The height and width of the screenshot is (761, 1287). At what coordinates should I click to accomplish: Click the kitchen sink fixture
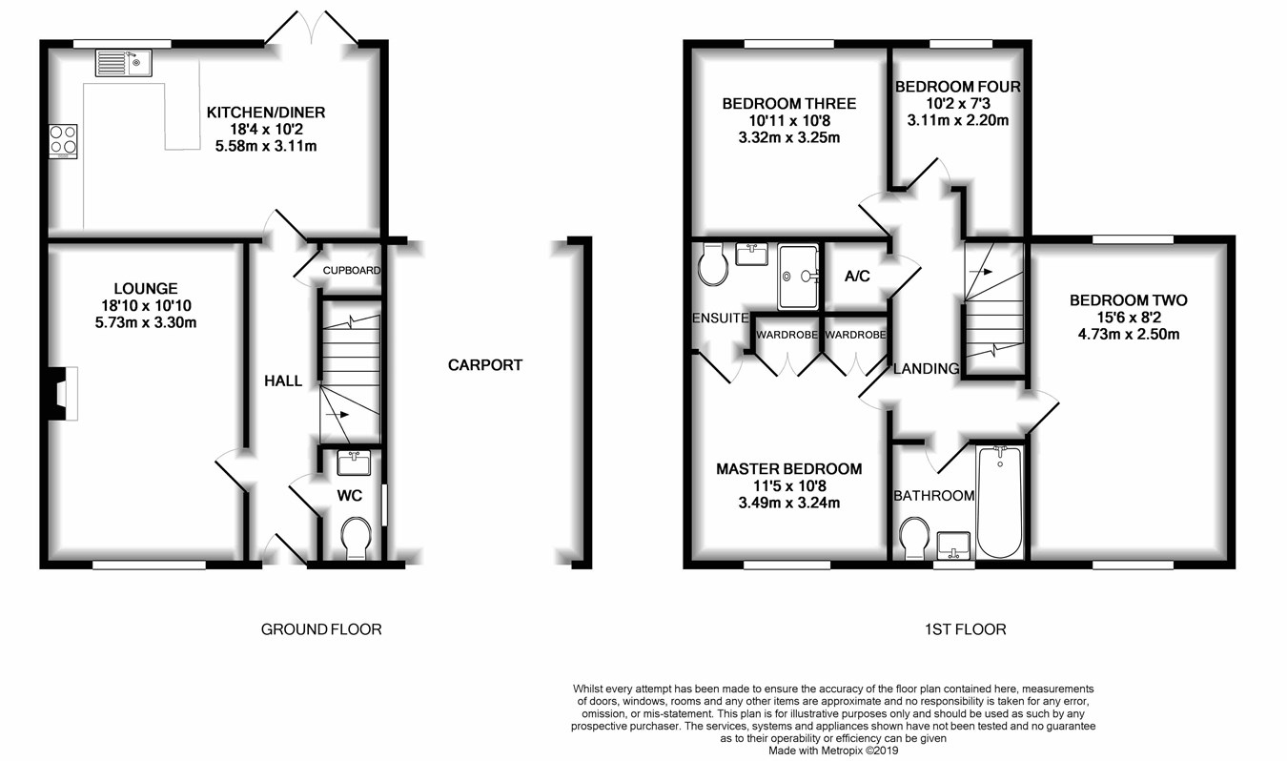click(x=124, y=63)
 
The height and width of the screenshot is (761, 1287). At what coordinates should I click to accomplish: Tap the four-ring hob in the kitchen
click(x=63, y=141)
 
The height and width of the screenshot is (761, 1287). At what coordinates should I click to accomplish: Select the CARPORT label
click(x=485, y=365)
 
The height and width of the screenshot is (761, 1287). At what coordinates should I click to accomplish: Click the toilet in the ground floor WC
click(x=356, y=538)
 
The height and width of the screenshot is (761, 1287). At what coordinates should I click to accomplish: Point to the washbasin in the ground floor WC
click(x=354, y=463)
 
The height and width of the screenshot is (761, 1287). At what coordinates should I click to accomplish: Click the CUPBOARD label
click(x=351, y=270)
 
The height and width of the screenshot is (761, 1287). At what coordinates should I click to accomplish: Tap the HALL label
click(x=283, y=380)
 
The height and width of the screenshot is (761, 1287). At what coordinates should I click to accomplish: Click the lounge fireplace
click(x=63, y=394)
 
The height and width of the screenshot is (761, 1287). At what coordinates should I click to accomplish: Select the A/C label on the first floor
click(x=857, y=277)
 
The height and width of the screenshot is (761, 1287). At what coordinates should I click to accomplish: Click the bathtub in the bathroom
click(x=1000, y=503)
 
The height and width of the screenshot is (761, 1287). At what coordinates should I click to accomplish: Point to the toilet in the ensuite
click(x=712, y=264)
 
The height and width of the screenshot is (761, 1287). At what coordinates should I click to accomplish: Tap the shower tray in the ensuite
click(x=798, y=278)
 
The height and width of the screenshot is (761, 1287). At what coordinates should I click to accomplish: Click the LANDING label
click(x=927, y=368)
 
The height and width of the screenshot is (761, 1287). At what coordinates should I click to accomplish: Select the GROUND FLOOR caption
click(x=321, y=629)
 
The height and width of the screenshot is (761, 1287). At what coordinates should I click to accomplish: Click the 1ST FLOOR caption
click(x=965, y=629)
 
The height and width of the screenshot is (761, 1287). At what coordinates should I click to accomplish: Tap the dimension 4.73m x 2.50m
click(x=1129, y=334)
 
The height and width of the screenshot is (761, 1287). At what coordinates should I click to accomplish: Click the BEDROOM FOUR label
click(x=958, y=87)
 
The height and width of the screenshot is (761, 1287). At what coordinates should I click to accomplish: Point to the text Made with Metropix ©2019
click(x=833, y=751)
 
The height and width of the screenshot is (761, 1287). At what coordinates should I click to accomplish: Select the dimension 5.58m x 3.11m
click(x=266, y=146)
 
